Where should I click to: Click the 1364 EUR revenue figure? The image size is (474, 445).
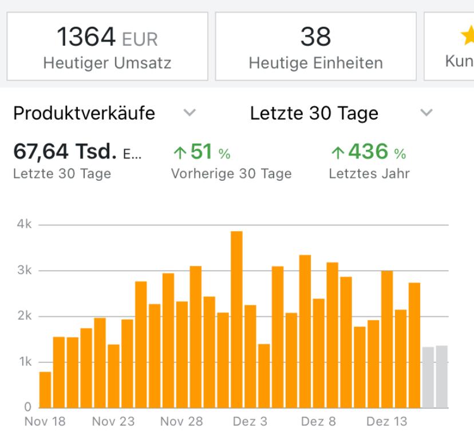coord(107,38)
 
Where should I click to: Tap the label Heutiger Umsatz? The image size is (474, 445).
coord(107,62)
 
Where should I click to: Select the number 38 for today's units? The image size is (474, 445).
coord(315,38)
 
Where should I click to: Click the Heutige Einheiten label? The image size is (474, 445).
coord(315,62)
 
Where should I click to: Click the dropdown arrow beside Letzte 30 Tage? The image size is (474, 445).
coord(426,113)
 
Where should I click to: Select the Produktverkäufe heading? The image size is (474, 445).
coord(84,113)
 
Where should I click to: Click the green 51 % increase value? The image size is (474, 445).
coord(201,152)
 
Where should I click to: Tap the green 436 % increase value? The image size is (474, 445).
coord(368,152)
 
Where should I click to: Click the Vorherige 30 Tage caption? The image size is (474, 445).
coord(231,174)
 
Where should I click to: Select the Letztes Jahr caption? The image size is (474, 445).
coord(369,174)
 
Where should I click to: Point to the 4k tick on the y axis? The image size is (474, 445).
coord(23,224)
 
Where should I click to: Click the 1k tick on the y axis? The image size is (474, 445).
coord(23,362)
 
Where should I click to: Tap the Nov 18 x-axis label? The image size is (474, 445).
coord(45,422)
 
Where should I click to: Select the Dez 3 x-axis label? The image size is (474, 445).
coord(250,422)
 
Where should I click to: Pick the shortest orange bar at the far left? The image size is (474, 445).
coord(45,390)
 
